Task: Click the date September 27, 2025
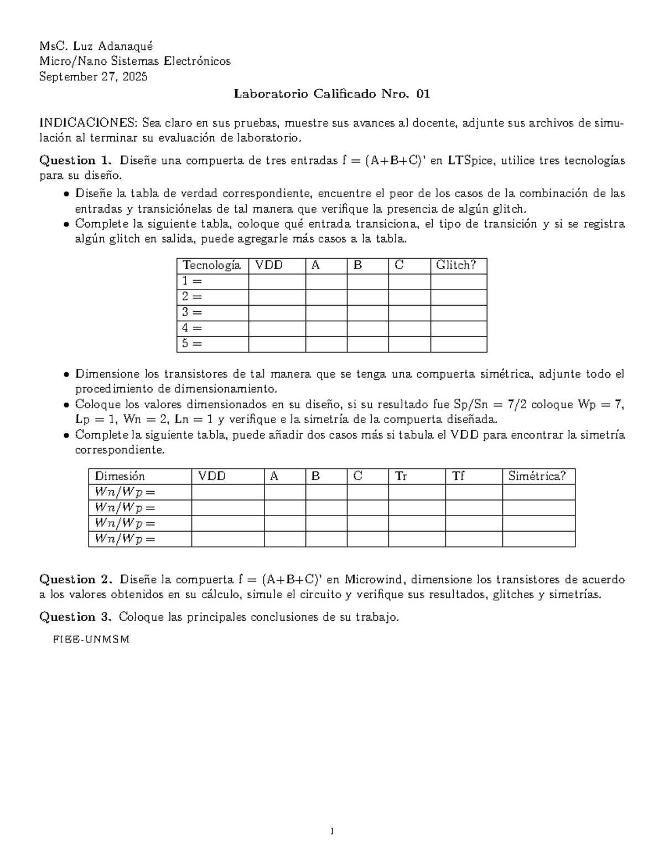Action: tap(93, 77)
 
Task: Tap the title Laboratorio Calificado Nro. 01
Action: tap(331, 94)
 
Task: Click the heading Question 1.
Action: tap(75, 161)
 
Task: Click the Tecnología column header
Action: tap(211, 265)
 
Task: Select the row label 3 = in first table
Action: tap(192, 312)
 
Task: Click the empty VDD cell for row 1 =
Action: tap(277, 281)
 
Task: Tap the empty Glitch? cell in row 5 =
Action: tap(458, 344)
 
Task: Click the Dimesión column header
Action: tap(120, 476)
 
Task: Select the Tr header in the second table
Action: tap(401, 476)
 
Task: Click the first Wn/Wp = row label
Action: tap(125, 492)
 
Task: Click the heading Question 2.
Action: tap(75, 580)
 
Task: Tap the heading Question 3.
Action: tap(75, 617)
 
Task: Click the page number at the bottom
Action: tap(331, 831)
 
